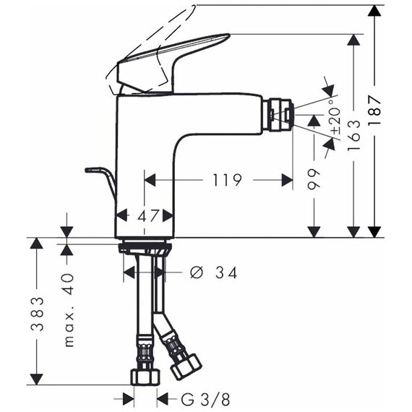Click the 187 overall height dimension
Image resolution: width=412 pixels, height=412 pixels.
tap(374, 110)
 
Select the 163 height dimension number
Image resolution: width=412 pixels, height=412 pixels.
tap(353, 136)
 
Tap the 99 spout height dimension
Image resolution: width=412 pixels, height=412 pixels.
tap(314, 179)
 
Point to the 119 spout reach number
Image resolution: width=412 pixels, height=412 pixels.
tap(227, 180)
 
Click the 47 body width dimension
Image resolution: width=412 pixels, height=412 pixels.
tap(148, 216)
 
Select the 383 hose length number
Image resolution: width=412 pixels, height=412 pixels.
tap(37, 314)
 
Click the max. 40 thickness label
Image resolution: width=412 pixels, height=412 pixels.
tap(69, 310)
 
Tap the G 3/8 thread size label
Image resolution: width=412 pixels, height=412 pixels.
tap(205, 400)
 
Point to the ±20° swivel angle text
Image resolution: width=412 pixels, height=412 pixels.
tap(335, 116)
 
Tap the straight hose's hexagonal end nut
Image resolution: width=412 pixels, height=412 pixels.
tap(145, 377)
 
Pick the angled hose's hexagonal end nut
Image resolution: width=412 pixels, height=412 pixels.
tap(186, 366)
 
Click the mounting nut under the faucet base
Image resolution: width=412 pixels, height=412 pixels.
tap(145, 249)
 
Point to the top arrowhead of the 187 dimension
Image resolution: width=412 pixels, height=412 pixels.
tap(374, 11)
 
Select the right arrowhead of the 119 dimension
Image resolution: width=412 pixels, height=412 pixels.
tap(287, 180)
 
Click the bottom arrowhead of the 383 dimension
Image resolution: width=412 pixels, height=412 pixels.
tap(37, 379)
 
